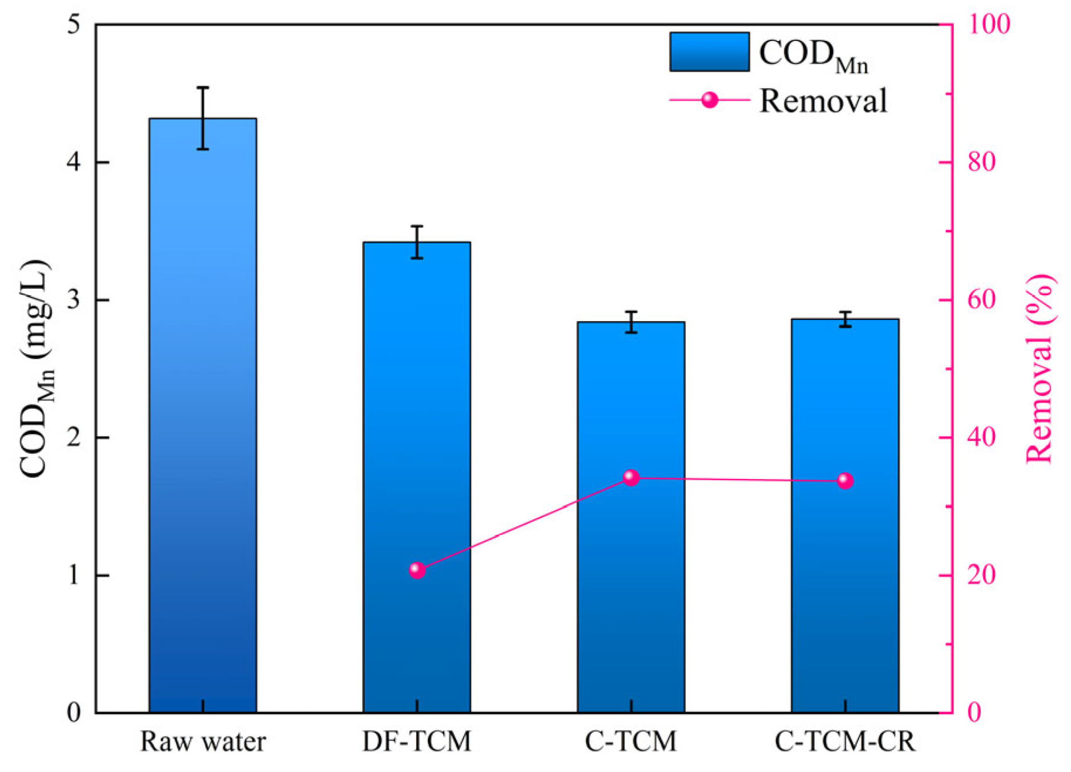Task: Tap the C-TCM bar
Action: coord(631,585)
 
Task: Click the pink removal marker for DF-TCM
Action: coord(417,570)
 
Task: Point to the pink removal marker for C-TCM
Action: coord(631,478)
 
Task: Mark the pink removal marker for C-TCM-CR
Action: coord(845,481)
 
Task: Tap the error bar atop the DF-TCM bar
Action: coord(417,242)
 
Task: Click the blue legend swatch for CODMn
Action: coord(709,52)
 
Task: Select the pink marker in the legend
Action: coord(710,100)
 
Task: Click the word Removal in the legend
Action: coord(823,101)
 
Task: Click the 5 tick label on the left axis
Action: coord(74,25)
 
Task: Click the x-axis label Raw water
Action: coord(202,742)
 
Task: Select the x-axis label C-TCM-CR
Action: coord(845,742)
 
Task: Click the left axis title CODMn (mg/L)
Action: coord(36,368)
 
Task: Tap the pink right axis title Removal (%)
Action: coord(1041,368)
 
